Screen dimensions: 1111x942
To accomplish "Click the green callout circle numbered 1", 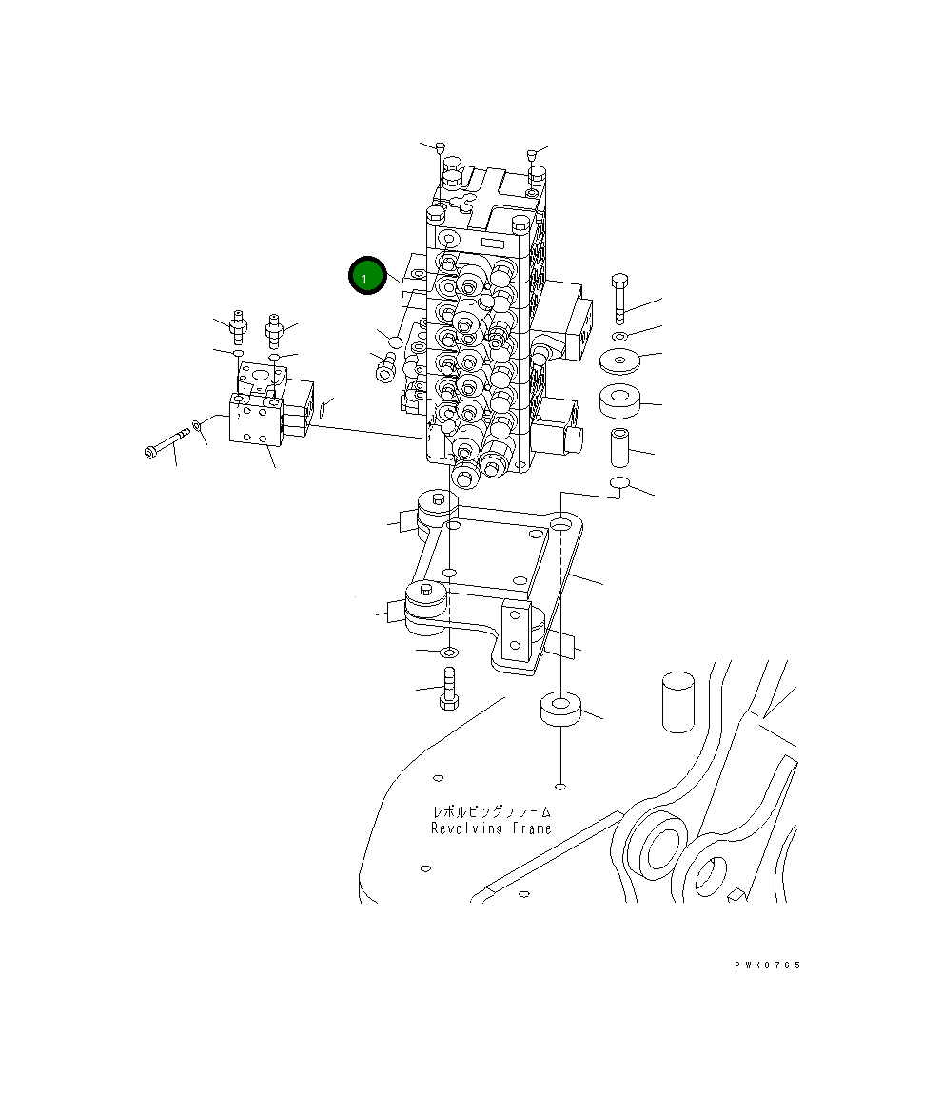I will (366, 277).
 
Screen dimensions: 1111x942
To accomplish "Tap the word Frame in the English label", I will (530, 828).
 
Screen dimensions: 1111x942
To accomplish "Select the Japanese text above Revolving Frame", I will (491, 812).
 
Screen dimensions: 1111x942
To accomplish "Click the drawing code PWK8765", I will (767, 965).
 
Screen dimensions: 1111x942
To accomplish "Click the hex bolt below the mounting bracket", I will (449, 690).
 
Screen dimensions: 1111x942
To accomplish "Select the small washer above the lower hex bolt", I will (449, 653).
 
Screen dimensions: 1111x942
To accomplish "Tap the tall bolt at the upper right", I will (620, 298).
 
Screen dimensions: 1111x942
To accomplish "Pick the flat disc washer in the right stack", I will (620, 361).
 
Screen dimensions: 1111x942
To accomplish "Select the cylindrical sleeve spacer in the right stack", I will (619, 444).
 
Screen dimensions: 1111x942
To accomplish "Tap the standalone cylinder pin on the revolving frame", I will (677, 702).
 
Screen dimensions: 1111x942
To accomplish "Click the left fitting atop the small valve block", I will (237, 328).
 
